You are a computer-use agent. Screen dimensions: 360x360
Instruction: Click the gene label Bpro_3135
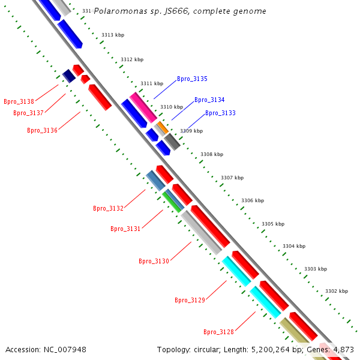pyautogui.click(x=192, y=79)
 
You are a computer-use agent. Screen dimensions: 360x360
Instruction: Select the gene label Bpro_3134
pyautogui.click(x=209, y=100)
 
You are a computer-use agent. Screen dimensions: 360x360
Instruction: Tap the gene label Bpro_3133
pyautogui.click(x=220, y=113)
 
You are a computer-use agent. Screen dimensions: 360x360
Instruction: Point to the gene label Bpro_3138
pyautogui.click(x=19, y=102)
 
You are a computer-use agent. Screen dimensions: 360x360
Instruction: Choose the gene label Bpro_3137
pyautogui.click(x=28, y=113)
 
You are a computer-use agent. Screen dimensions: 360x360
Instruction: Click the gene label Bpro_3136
pyautogui.click(x=42, y=131)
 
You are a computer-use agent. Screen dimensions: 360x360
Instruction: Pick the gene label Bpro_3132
pyautogui.click(x=108, y=209)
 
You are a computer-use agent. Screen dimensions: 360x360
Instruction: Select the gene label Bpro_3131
pyautogui.click(x=125, y=229)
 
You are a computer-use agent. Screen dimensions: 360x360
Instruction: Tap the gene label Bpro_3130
pyautogui.click(x=154, y=262)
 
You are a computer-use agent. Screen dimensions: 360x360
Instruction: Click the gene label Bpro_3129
pyautogui.click(x=190, y=300)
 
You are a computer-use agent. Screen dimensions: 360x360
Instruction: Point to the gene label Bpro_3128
pyautogui.click(x=218, y=332)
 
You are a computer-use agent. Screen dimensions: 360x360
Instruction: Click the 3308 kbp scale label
pyautogui.click(x=211, y=155)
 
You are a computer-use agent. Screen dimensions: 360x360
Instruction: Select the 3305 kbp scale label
pyautogui.click(x=273, y=224)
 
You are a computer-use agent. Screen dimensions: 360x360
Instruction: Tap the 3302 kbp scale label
pyautogui.click(x=336, y=292)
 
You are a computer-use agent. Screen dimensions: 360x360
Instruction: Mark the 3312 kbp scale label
pyautogui.click(x=132, y=60)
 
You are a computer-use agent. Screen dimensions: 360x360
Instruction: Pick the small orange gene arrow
pyautogui.click(x=162, y=127)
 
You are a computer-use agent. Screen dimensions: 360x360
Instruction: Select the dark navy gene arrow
pyautogui.click(x=68, y=76)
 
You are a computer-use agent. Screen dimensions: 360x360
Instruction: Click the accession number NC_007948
pyautogui.click(x=46, y=350)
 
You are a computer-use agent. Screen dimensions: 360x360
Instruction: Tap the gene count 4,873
pyautogui.click(x=342, y=350)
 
